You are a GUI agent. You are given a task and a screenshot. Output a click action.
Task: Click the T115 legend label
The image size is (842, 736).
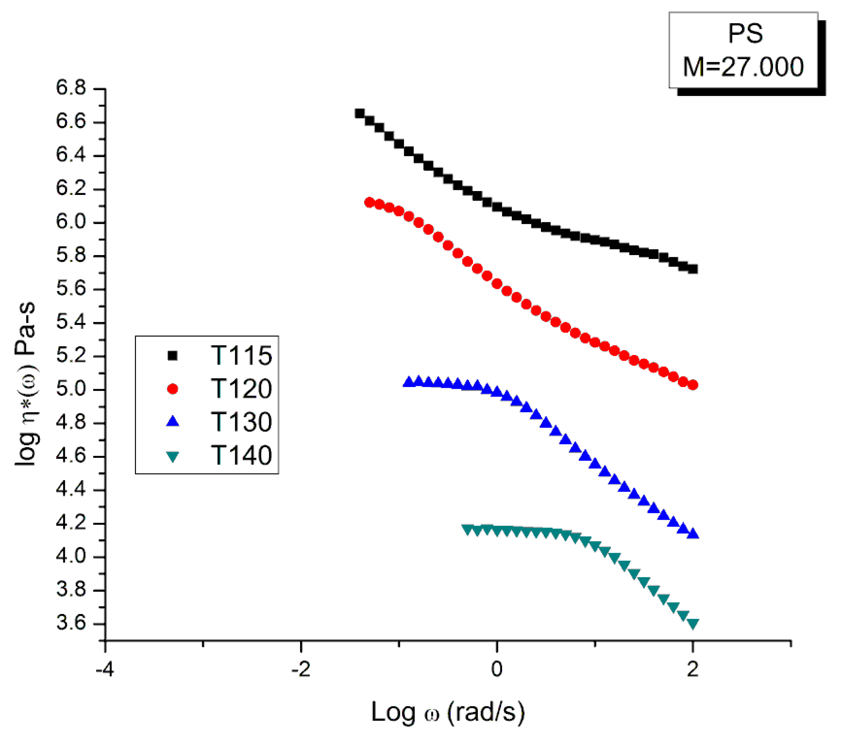coord(241,355)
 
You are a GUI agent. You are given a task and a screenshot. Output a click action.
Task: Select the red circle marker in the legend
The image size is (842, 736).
coord(173,388)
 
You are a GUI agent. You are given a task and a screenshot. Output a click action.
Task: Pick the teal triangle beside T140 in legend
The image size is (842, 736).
coord(173,456)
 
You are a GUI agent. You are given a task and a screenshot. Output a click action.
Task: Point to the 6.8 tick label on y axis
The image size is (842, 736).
coord(71,88)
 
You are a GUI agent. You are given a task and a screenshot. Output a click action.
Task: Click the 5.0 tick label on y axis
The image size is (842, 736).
coord(71,388)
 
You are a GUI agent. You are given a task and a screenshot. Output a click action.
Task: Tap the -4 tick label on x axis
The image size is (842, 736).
coord(104,669)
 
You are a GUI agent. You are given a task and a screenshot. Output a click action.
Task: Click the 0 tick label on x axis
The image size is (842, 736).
coord(496,669)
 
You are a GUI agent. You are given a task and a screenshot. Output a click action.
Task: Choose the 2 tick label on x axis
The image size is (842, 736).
coord(693,669)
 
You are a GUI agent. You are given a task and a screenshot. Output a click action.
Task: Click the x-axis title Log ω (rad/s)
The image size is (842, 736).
coord(448,712)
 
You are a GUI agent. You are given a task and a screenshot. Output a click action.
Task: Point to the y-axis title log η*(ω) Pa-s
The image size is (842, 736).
coord(26,384)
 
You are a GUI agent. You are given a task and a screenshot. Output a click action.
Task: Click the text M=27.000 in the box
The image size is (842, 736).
coord(743,67)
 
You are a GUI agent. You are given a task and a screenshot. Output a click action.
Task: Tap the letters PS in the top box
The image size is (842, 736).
coord(745,33)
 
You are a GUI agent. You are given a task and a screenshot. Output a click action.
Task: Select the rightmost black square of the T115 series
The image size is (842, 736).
coord(693,269)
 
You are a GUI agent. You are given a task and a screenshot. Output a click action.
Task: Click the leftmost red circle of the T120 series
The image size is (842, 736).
coord(369,202)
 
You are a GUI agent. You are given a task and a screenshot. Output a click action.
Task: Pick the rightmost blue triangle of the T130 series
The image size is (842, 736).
coord(693,534)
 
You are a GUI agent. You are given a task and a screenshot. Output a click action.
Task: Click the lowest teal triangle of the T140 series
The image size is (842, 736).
coord(693,624)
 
